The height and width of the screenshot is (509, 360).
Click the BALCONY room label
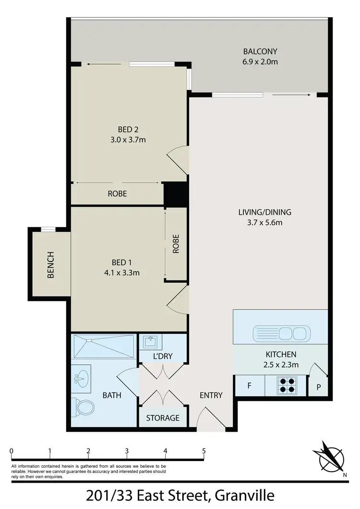(260, 52)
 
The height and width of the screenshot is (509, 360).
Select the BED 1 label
(121, 262)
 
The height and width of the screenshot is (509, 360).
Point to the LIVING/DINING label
(264, 212)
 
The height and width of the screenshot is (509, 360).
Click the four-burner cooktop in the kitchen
(287, 386)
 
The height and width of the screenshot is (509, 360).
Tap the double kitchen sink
(280, 332)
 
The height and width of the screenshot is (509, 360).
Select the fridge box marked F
(249, 386)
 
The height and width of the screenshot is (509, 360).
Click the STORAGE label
(163, 418)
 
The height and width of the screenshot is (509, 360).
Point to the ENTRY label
(211, 395)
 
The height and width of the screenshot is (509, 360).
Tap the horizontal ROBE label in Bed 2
(117, 194)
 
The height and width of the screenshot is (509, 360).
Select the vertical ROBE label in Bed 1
(176, 244)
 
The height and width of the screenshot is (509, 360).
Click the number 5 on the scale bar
(204, 451)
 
